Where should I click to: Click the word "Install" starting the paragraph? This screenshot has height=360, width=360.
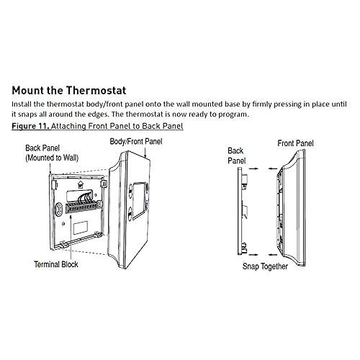[24, 104]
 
